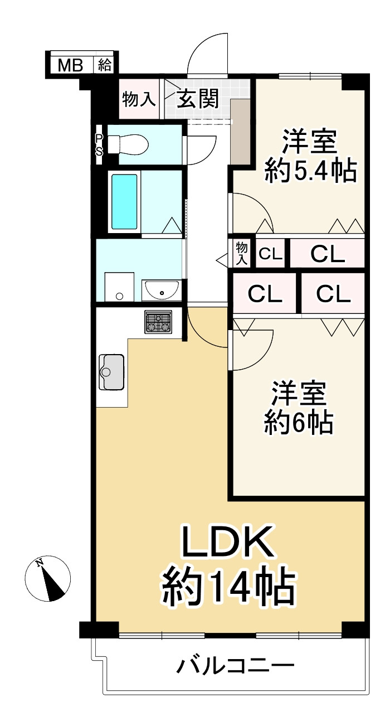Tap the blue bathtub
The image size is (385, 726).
[x=124, y=201]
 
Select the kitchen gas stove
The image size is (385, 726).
[x=159, y=322]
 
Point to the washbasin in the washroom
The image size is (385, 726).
[x=162, y=291]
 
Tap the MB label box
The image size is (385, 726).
[x=71, y=65]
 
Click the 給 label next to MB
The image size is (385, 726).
[x=105, y=65]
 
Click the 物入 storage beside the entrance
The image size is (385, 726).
[x=138, y=100]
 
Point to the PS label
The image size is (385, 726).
[x=99, y=144]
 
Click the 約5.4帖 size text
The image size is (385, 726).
[x=310, y=171]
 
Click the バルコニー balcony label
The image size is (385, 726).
[x=236, y=666]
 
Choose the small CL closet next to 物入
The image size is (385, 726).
[x=270, y=254]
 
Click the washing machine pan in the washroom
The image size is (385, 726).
[x=119, y=287]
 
